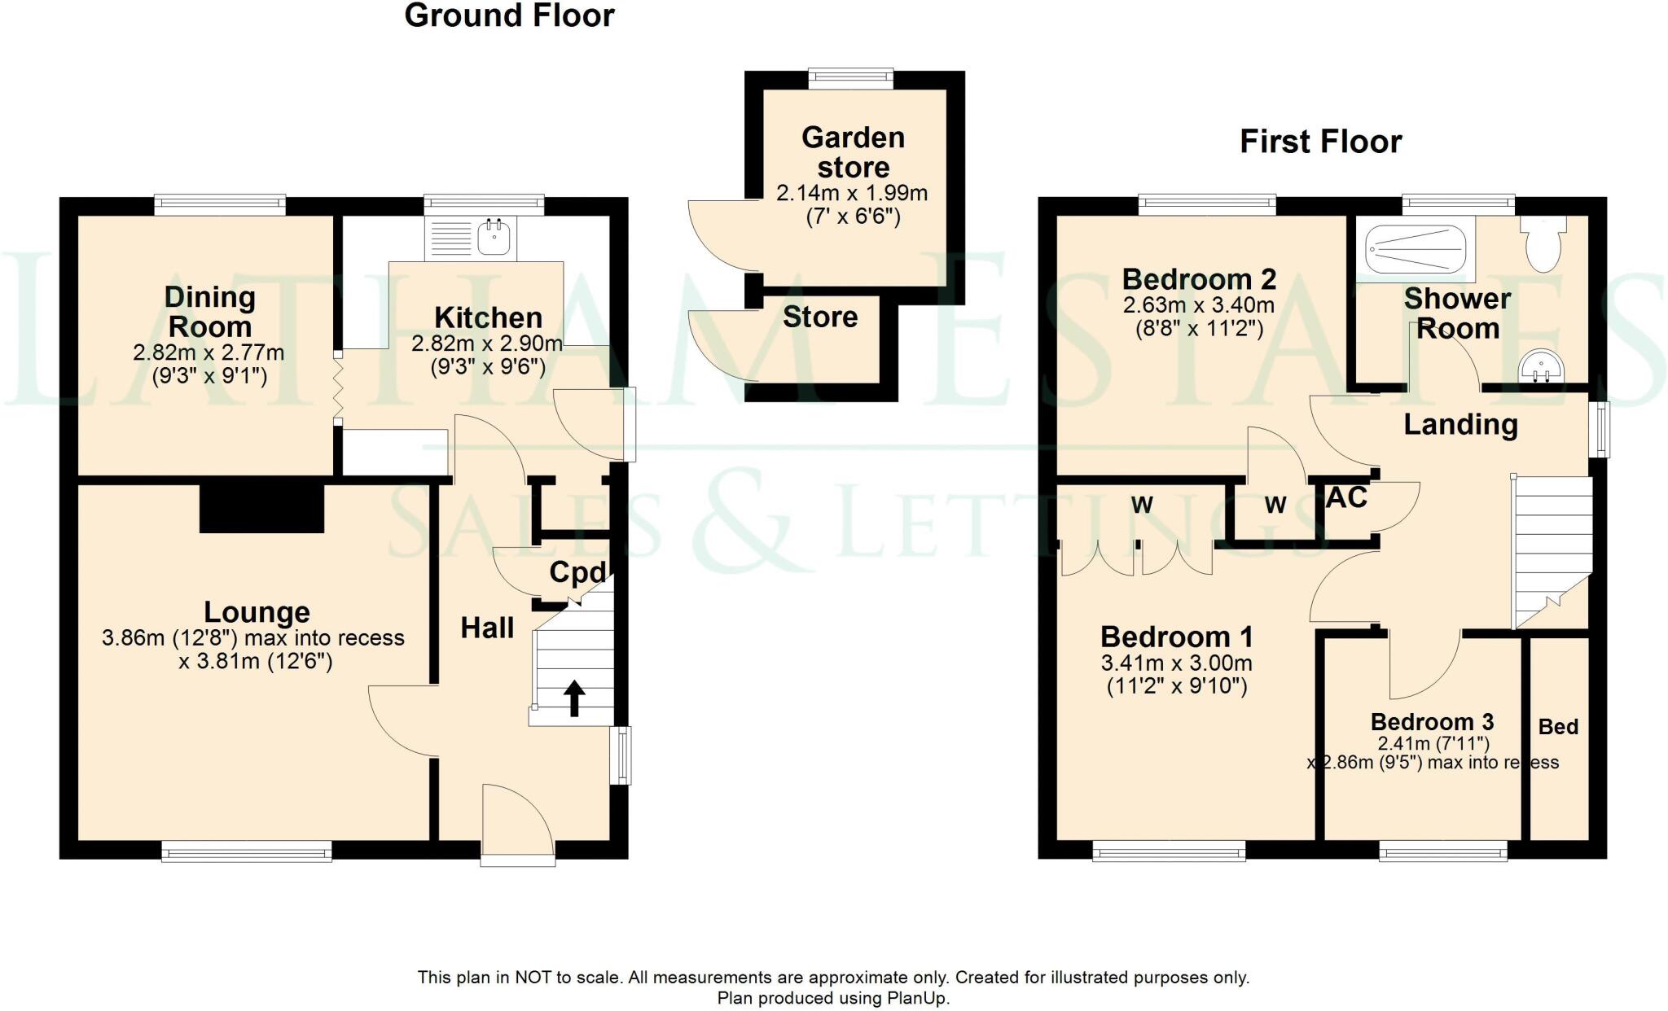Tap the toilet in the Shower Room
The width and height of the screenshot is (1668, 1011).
click(x=1542, y=243)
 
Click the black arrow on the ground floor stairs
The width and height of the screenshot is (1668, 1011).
click(x=574, y=698)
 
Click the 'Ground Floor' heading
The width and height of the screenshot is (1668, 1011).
click(x=509, y=15)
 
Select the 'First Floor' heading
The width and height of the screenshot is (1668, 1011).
click(x=1320, y=142)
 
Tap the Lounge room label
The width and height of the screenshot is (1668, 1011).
click(x=257, y=611)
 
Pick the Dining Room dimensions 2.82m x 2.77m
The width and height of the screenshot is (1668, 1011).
click(x=208, y=353)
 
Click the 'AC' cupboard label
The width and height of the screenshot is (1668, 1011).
click(x=1345, y=497)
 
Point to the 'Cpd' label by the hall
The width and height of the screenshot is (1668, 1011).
click(x=577, y=572)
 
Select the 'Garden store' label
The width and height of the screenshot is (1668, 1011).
click(x=853, y=152)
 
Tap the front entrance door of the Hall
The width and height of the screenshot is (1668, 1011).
click(x=517, y=822)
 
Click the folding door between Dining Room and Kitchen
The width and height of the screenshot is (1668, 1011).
click(x=338, y=389)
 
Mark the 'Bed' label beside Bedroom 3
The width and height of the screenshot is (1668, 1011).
click(x=1558, y=726)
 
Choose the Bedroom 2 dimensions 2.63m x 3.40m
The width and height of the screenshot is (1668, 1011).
click(x=1198, y=306)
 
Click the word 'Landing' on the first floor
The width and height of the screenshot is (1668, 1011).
click(x=1460, y=424)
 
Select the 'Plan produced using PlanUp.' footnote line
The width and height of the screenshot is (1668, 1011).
click(x=833, y=998)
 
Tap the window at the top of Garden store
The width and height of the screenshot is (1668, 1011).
click(x=850, y=78)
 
